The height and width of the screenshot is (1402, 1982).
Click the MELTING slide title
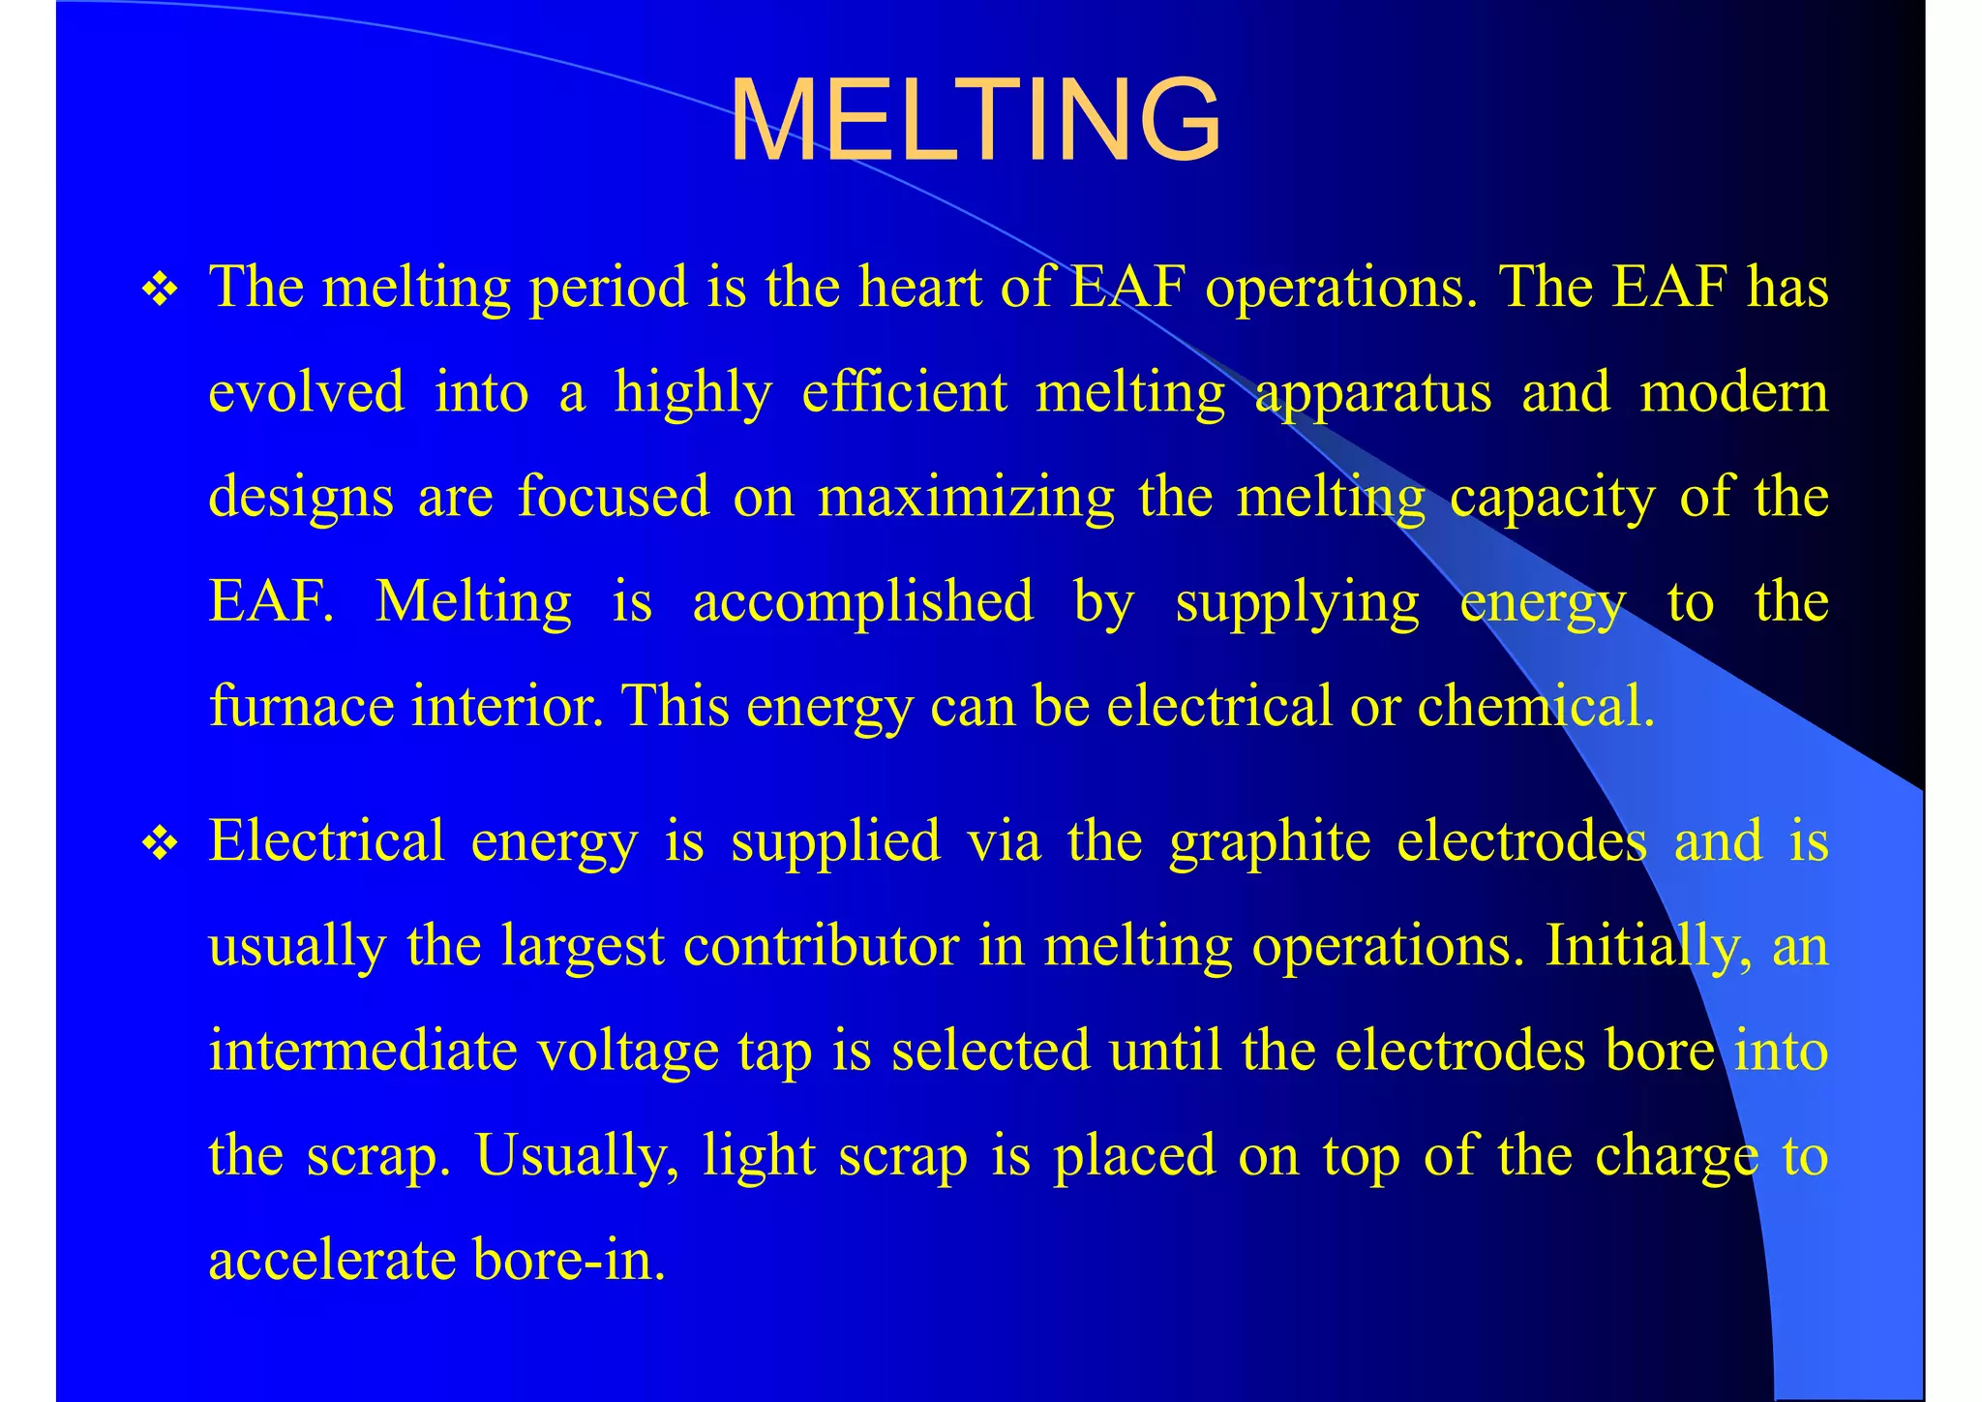[x=975, y=121]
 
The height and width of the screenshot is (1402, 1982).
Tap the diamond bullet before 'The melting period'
[x=160, y=290]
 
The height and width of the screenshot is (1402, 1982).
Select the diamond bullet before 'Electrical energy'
[x=160, y=843]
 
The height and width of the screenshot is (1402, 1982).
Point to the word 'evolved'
[x=307, y=393]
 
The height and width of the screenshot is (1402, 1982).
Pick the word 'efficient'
[x=905, y=393]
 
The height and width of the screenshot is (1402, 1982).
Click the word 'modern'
[x=1733, y=393]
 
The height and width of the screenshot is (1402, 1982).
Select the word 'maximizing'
[x=966, y=498]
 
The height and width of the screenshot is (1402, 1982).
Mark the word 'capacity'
[x=1551, y=498]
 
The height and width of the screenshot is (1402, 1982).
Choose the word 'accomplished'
[x=863, y=602]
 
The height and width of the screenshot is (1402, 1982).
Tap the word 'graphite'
[x=1269, y=841]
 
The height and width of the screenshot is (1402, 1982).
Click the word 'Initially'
[x=1646, y=946]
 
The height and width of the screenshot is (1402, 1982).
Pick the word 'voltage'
[x=628, y=1052]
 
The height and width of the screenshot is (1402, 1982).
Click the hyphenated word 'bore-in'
[x=568, y=1261]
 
